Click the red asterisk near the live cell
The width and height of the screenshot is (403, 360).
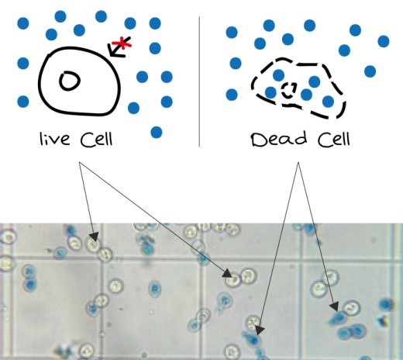click(122, 43)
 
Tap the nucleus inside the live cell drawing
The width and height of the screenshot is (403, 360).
click(70, 81)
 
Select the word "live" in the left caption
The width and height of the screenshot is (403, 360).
click(54, 139)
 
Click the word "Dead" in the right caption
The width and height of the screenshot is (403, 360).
click(279, 139)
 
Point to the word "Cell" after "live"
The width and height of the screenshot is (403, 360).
click(96, 140)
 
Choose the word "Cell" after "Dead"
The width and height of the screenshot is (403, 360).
click(334, 139)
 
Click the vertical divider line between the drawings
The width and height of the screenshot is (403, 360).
click(199, 81)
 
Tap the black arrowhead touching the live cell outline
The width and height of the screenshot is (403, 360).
click(114, 50)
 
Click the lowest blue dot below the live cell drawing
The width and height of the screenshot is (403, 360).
click(157, 133)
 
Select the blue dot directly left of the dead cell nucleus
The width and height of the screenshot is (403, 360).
click(270, 92)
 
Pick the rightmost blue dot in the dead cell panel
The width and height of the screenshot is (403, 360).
click(384, 41)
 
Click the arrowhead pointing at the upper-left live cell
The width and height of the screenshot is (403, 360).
click(94, 237)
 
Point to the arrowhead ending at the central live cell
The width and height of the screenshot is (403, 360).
click(228, 273)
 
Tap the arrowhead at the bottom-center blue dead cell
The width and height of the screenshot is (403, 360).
click(260, 331)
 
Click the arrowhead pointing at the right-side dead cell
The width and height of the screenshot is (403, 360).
click(335, 306)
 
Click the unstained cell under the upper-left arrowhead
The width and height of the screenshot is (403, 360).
click(93, 244)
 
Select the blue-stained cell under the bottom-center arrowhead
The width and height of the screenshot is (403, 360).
click(252, 339)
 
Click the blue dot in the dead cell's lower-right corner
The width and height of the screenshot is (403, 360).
click(328, 102)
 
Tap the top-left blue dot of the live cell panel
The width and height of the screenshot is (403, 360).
click(23, 23)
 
